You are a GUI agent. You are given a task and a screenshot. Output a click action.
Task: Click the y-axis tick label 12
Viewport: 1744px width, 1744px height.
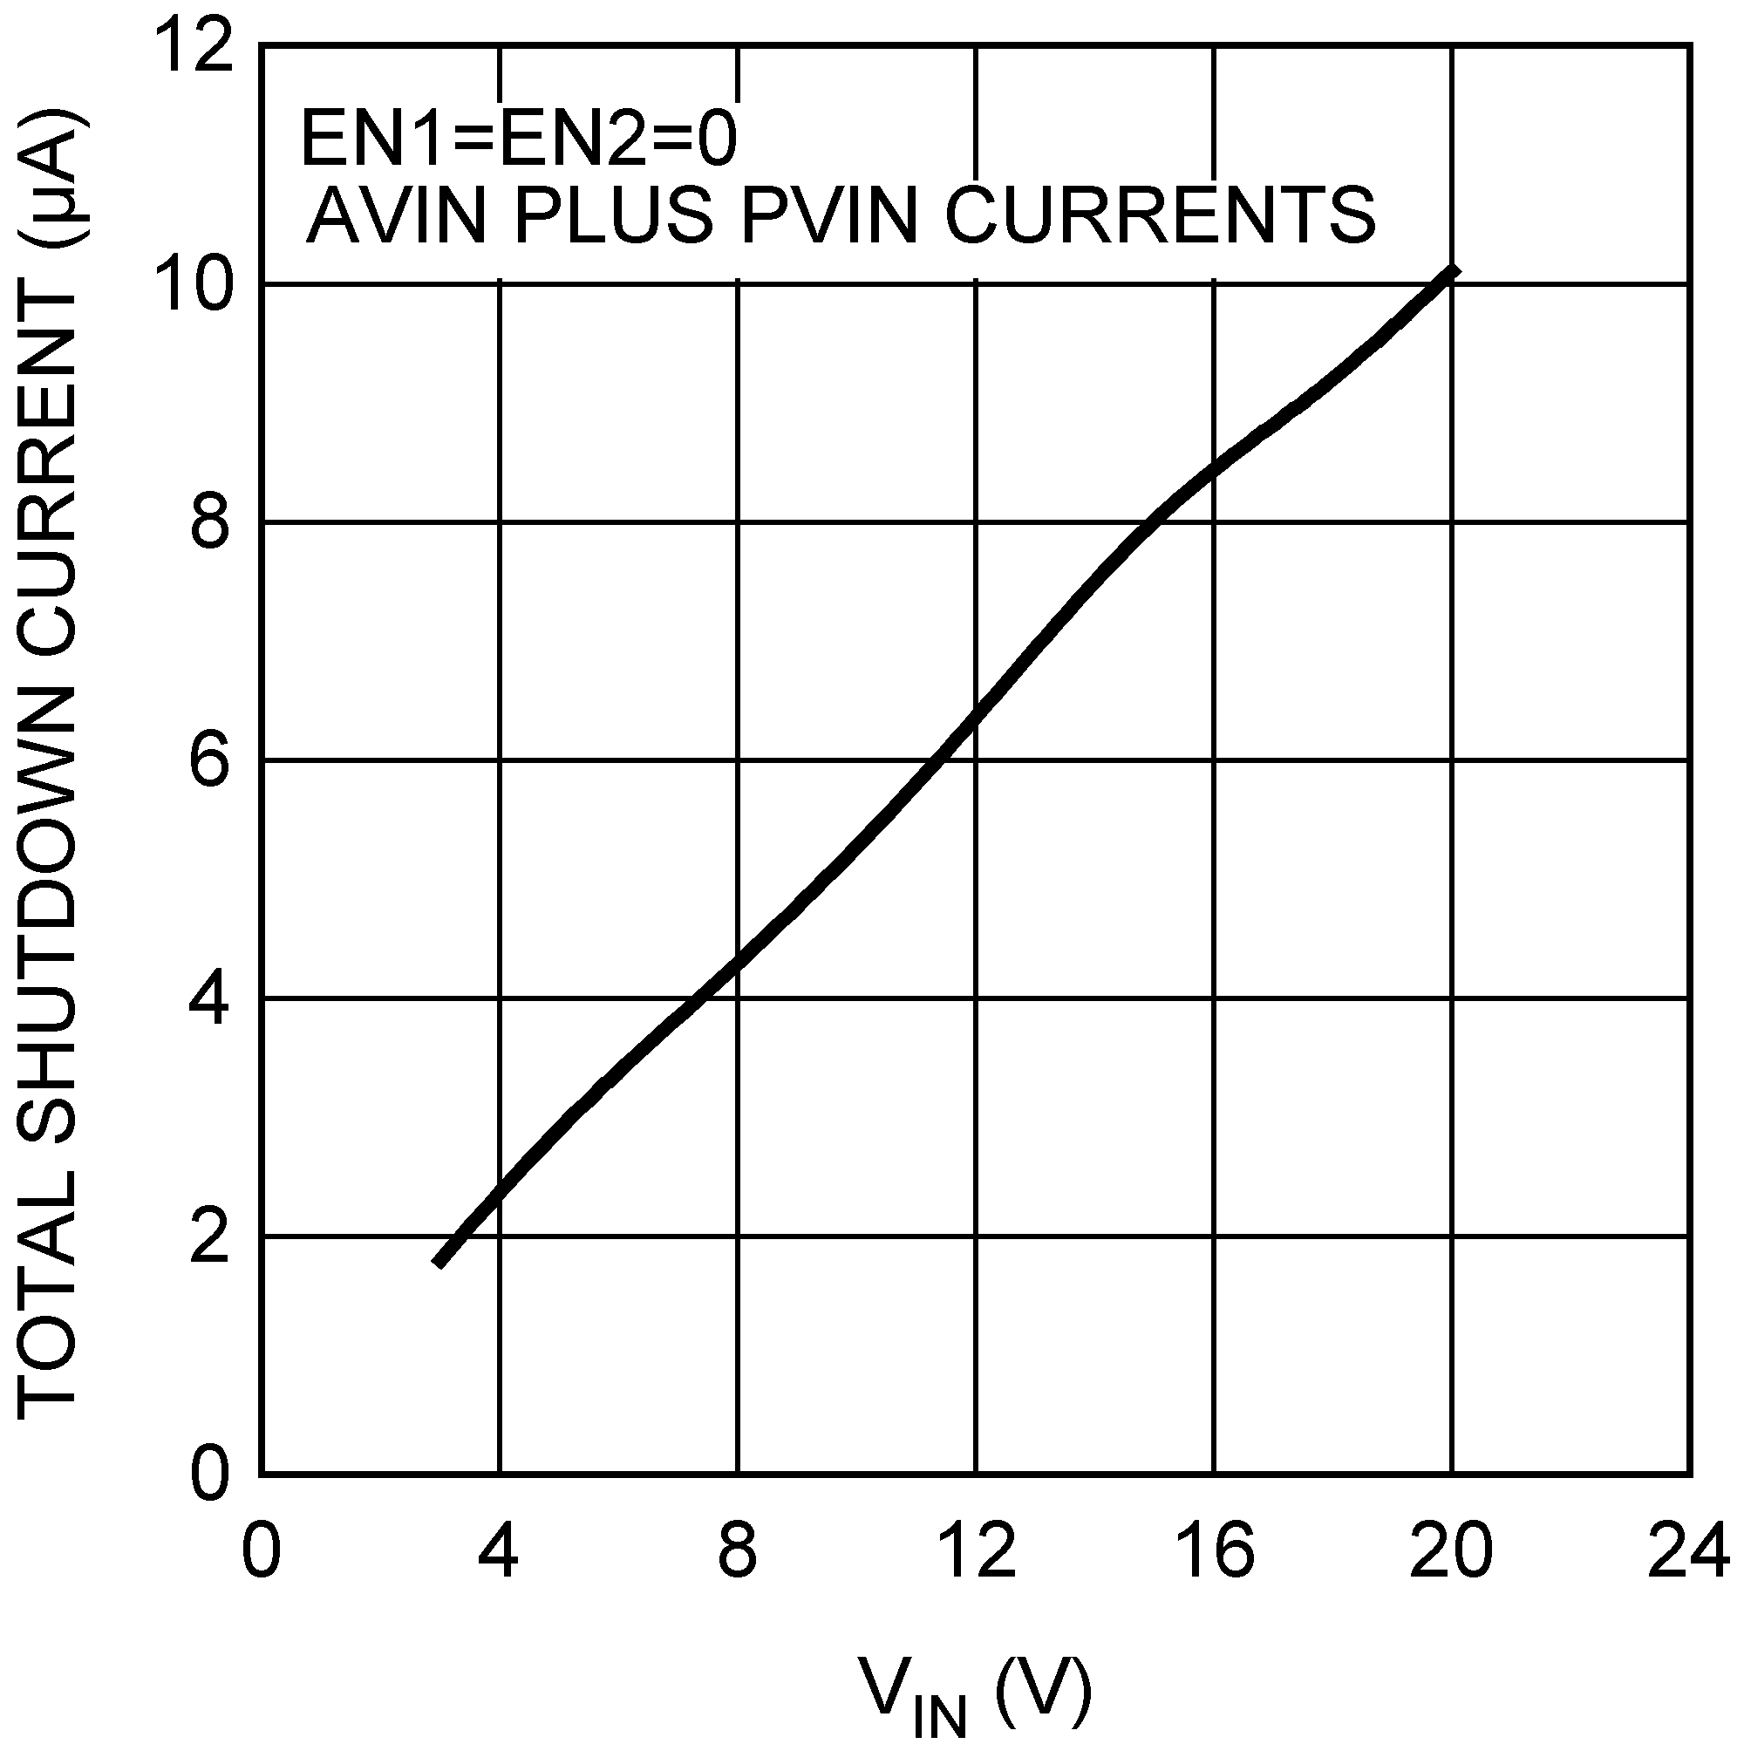pos(195,46)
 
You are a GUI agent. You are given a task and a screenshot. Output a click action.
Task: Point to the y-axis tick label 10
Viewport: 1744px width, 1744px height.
pos(195,285)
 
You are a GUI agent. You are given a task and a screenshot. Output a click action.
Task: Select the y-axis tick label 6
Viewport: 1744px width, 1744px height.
pos(209,761)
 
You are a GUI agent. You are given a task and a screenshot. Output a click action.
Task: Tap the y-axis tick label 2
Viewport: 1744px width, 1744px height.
pos(209,1236)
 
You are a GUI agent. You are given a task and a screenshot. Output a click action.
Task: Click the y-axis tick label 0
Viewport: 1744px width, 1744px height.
pos(209,1475)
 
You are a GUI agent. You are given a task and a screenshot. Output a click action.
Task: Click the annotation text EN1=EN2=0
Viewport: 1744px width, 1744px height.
pos(519,140)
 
